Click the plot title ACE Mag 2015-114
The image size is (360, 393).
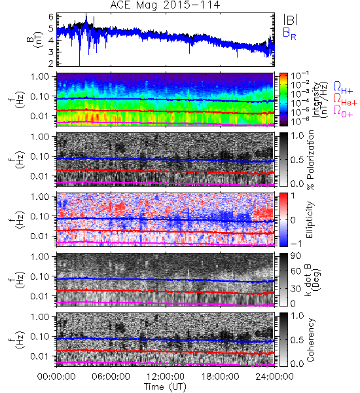point(165,5)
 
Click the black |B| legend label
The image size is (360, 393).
point(291,20)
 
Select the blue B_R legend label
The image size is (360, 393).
point(289,33)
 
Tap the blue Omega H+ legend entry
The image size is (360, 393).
point(343,88)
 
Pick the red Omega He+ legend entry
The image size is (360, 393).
point(345,99)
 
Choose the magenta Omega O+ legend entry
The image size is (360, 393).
point(343,111)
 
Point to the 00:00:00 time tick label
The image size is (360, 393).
point(56,377)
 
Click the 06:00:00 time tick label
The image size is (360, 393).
point(111,377)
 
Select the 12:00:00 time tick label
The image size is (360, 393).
point(166,377)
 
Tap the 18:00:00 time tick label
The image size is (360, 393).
point(220,377)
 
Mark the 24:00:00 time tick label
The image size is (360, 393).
point(274,377)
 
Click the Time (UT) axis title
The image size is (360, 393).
point(165,387)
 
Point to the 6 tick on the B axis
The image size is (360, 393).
point(51,17)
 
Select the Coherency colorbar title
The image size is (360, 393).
point(310,340)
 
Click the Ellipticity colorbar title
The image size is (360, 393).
point(310,219)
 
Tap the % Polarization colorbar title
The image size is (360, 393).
point(310,160)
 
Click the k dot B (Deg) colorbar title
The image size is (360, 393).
point(313,280)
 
